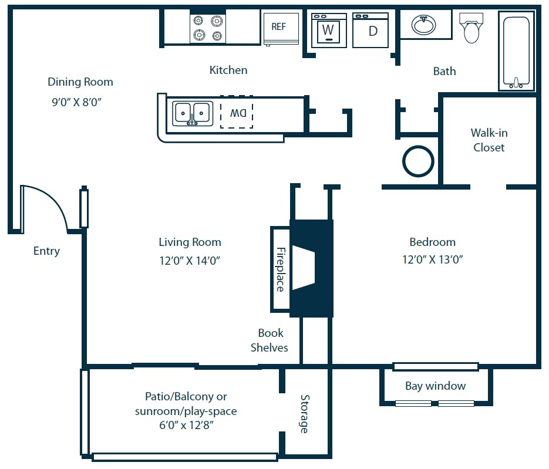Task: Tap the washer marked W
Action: coord(328,29)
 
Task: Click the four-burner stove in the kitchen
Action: coord(208,28)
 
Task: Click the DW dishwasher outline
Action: coord(237,112)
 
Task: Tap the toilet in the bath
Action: coord(471,29)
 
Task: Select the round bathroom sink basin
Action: coord(424,25)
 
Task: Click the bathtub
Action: coord(517,52)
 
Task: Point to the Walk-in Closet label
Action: coord(489,140)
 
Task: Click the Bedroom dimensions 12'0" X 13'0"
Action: coord(432,259)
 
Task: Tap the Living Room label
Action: coord(190,242)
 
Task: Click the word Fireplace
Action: coord(280,269)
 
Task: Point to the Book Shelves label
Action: coord(270,340)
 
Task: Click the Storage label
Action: coord(304,413)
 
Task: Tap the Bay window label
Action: coord(435,386)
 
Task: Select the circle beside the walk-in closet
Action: coord(418,160)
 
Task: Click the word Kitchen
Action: coord(228,70)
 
